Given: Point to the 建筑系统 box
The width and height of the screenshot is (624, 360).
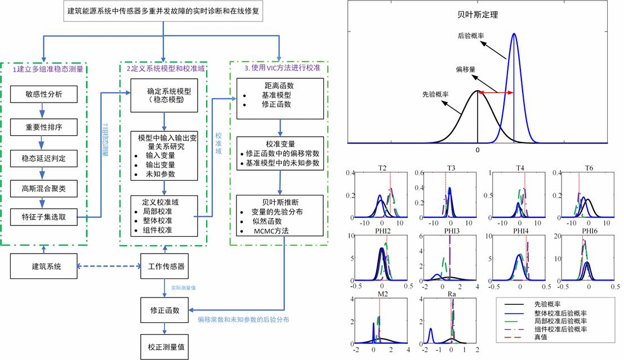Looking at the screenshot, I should click(x=43, y=266).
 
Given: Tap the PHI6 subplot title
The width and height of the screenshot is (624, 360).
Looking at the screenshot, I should click(x=588, y=231).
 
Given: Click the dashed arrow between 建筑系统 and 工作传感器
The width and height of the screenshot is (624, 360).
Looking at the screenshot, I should click(x=108, y=266).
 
